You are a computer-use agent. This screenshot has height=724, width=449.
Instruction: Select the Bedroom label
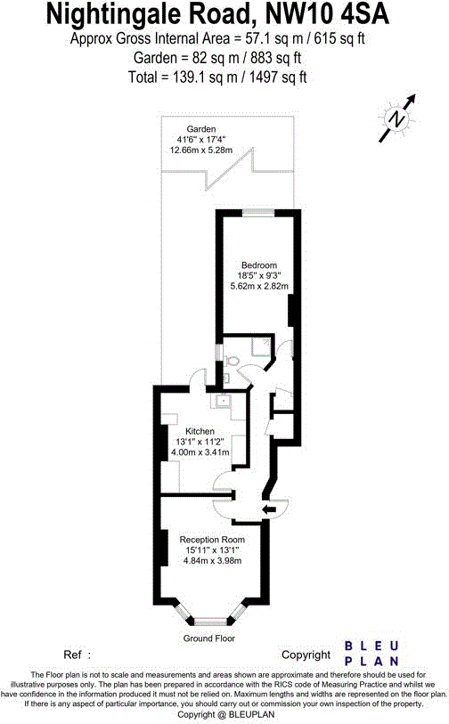click(x=259, y=265)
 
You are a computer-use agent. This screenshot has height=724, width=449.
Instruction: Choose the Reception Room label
click(x=211, y=540)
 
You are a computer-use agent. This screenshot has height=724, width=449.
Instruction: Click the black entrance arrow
click(x=267, y=509)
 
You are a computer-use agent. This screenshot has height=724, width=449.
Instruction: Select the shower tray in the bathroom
click(x=261, y=347)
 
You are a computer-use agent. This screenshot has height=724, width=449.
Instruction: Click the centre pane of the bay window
click(x=210, y=621)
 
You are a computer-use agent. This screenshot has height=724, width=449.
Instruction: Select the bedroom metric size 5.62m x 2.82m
click(x=259, y=286)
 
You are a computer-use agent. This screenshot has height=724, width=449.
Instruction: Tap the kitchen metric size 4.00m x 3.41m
click(x=200, y=452)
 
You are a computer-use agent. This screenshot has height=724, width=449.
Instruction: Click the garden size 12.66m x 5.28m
click(x=201, y=150)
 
